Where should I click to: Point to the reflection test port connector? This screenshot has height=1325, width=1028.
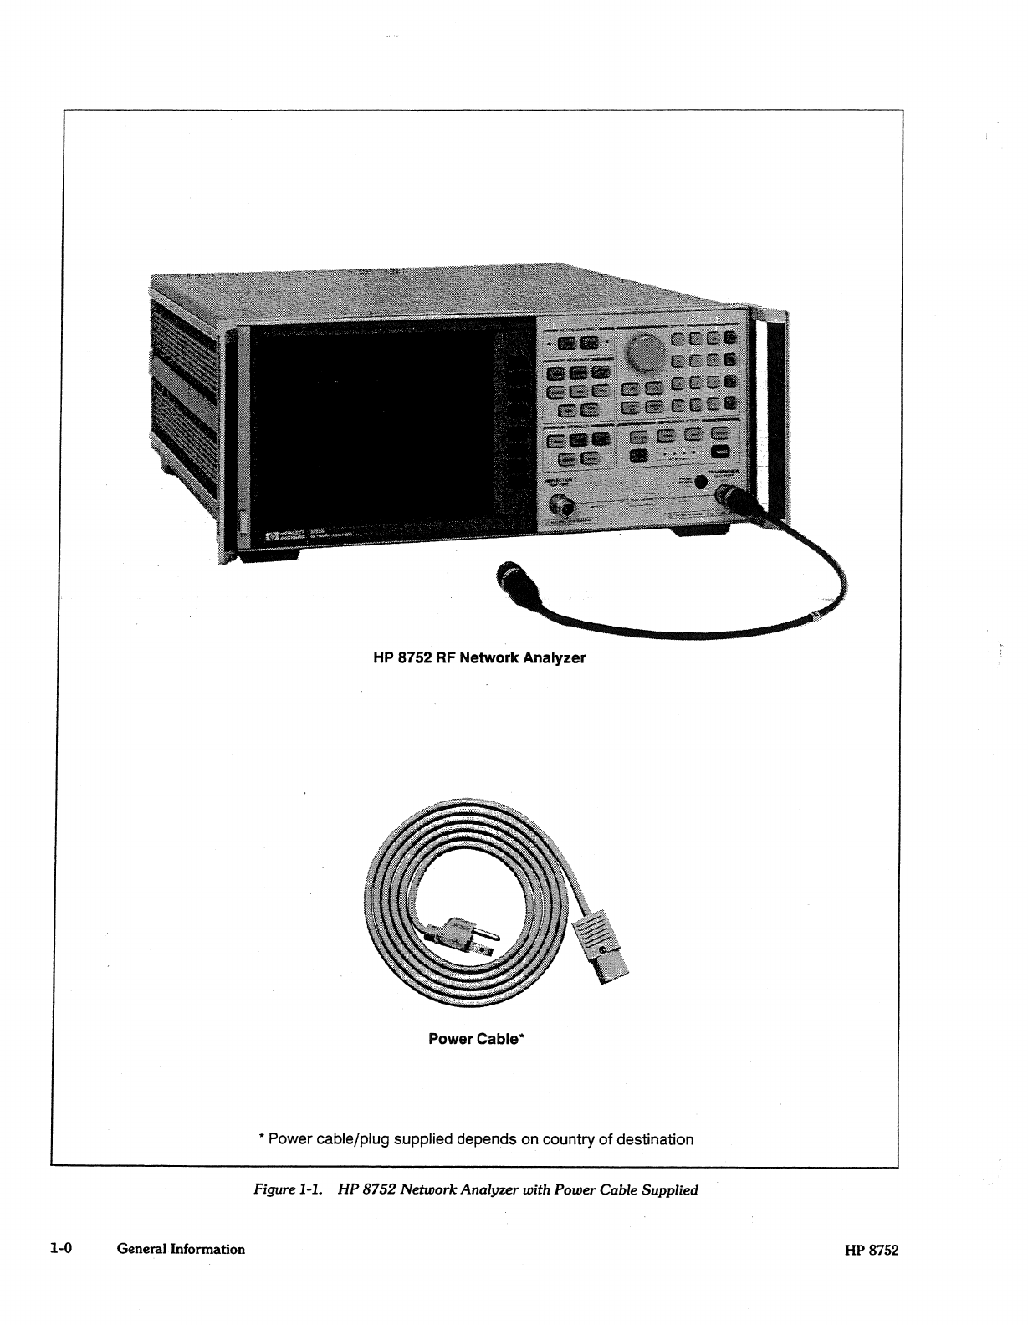coord(560,504)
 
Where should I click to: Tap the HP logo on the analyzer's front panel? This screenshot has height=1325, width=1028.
coord(271,535)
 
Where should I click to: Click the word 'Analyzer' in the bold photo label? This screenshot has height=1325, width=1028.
coord(554,657)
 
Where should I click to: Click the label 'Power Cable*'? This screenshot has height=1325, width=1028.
coord(476,1039)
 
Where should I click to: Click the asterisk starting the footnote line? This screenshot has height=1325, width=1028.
coord(262,1138)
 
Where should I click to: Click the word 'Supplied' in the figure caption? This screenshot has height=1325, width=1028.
coord(669,1189)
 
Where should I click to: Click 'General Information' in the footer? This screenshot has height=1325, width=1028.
coord(181,1249)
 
